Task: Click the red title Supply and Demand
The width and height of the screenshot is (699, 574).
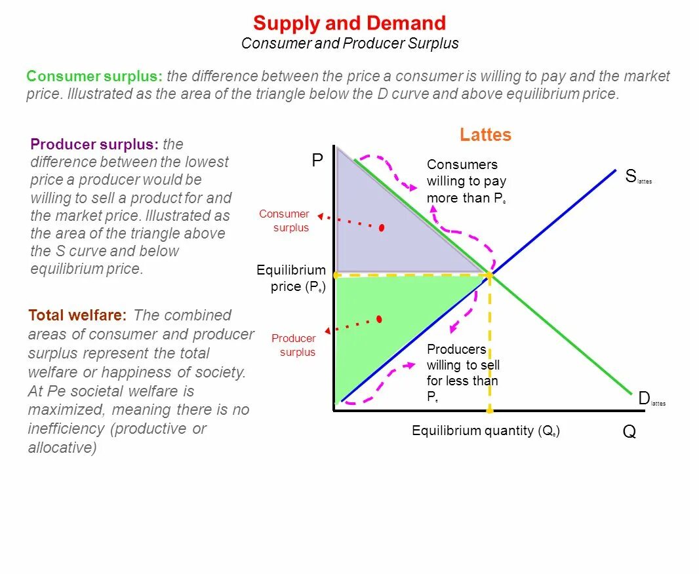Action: click(x=349, y=24)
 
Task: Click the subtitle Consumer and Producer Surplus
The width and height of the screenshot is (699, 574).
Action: click(x=349, y=44)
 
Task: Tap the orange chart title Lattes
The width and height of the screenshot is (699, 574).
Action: click(x=485, y=135)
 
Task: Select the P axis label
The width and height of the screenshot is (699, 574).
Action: click(x=317, y=161)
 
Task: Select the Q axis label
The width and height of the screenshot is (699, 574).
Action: click(x=629, y=432)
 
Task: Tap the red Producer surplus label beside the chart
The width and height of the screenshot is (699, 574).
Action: click(x=295, y=345)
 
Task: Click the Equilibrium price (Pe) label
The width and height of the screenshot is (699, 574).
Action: click(x=291, y=278)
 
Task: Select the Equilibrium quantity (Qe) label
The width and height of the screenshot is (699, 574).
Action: click(x=486, y=430)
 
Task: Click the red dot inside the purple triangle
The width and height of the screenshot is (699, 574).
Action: click(x=382, y=227)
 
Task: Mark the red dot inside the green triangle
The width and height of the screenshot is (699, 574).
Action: click(x=379, y=319)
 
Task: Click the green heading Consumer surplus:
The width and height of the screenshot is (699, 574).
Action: click(x=94, y=76)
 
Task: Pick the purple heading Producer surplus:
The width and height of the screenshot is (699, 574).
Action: click(x=94, y=144)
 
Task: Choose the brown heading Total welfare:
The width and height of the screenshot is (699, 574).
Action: click(x=77, y=315)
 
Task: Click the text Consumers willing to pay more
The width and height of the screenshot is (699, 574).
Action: click(x=466, y=182)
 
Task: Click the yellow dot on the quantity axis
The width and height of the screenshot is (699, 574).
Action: click(x=489, y=410)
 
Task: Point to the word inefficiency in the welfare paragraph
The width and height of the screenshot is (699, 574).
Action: click(x=66, y=429)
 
